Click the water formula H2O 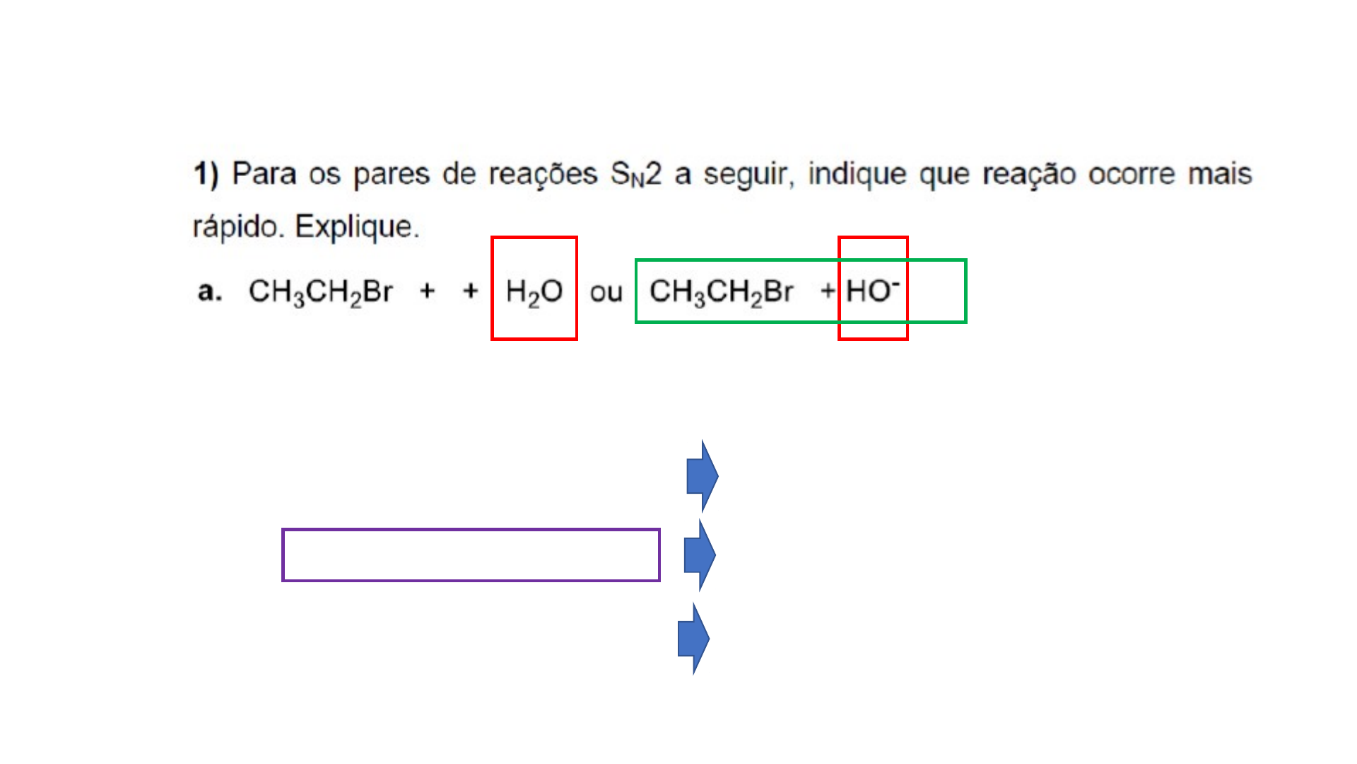pyautogui.click(x=534, y=291)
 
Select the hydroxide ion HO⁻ pyautogui.click(x=872, y=290)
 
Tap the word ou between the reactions pyautogui.click(x=606, y=292)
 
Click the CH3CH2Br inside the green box pyautogui.click(x=721, y=291)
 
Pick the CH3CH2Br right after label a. pyautogui.click(x=320, y=291)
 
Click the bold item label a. pyautogui.click(x=209, y=291)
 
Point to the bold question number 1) pyautogui.click(x=206, y=174)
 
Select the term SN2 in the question pyautogui.click(x=635, y=174)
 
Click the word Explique pyautogui.click(x=357, y=227)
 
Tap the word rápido pyautogui.click(x=238, y=227)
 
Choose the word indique pyautogui.click(x=857, y=174)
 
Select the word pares pyautogui.click(x=391, y=174)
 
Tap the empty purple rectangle pyautogui.click(x=471, y=555)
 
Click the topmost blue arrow pyautogui.click(x=702, y=476)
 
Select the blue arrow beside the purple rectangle pyautogui.click(x=700, y=555)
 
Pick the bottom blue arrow pyautogui.click(x=693, y=639)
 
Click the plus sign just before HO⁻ pyautogui.click(x=828, y=291)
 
